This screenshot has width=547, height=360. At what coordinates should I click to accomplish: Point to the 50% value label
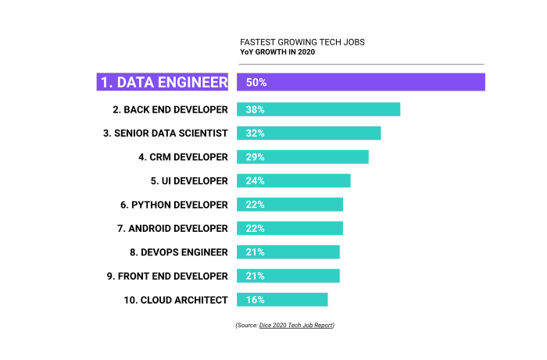click(256, 82)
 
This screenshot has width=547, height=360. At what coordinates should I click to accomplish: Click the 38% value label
click(255, 109)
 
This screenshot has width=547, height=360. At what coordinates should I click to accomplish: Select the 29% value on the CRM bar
click(255, 157)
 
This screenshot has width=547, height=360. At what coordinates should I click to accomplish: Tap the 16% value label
click(255, 300)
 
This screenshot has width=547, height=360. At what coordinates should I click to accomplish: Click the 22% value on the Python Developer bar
click(255, 205)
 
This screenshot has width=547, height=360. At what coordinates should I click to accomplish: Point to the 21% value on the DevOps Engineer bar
click(255, 252)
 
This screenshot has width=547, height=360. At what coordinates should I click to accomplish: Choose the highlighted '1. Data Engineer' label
click(163, 82)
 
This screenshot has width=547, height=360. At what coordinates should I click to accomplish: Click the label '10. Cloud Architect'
click(176, 300)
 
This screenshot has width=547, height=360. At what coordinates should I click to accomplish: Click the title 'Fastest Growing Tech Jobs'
click(302, 41)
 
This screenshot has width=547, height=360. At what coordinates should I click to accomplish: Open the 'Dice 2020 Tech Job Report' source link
click(301, 325)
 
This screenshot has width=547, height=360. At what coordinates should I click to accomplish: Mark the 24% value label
click(255, 180)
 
